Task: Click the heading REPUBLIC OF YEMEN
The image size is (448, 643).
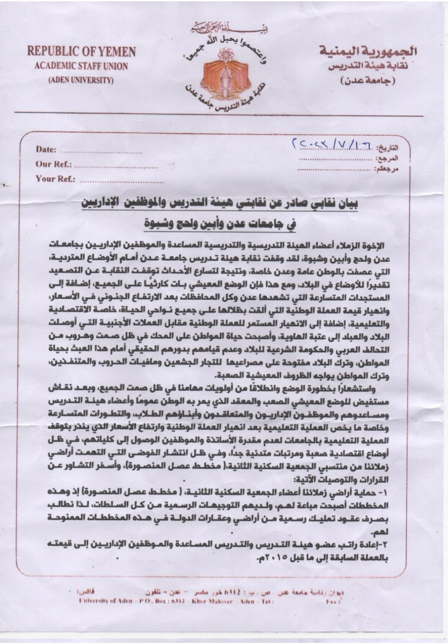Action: point(82,51)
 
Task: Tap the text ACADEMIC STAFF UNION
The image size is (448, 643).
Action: point(82,66)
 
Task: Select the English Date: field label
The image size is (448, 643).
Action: point(46,149)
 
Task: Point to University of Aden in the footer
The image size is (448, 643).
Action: point(99,602)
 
